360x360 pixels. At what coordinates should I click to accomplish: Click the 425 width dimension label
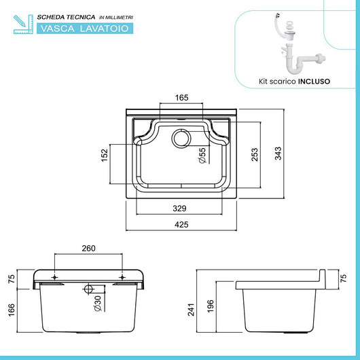[x=180, y=224]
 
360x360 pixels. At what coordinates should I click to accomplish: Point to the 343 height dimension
[x=277, y=155]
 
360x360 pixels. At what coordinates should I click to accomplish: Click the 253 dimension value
[x=254, y=155]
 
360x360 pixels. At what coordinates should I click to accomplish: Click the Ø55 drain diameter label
[x=202, y=158]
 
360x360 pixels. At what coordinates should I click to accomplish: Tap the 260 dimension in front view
[x=88, y=249]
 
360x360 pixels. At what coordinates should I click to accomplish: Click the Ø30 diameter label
[x=97, y=303]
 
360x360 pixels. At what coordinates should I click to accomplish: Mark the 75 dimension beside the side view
[x=342, y=277]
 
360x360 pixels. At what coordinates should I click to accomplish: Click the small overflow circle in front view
[x=88, y=289]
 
